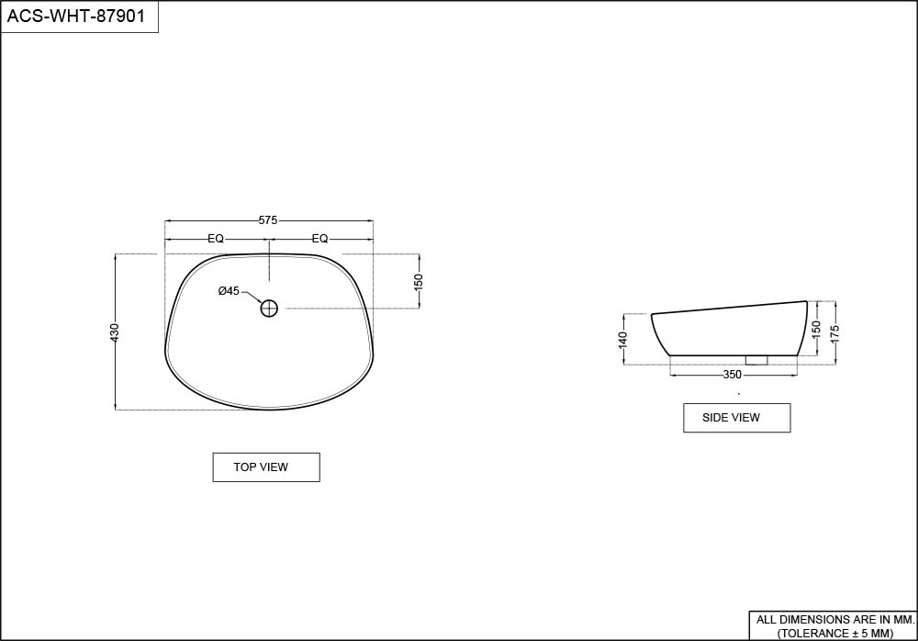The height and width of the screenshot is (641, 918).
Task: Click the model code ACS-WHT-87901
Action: tap(76, 16)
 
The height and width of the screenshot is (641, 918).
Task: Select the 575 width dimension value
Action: tap(268, 221)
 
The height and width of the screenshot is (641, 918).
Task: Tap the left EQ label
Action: tap(216, 239)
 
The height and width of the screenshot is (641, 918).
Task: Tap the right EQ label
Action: tap(319, 239)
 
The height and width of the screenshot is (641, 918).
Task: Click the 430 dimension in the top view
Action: tap(115, 332)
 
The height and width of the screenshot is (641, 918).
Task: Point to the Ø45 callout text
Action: tap(229, 290)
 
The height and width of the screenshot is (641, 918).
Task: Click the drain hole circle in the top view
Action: tap(269, 309)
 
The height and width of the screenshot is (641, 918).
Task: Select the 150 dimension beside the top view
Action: tap(418, 282)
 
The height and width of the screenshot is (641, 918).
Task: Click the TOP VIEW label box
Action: tap(266, 467)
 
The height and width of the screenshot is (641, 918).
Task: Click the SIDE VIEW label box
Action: tap(737, 418)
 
